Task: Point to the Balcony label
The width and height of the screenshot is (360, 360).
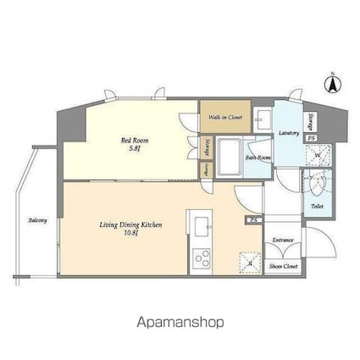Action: (x=37, y=221)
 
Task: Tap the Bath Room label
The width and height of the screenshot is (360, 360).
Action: (x=258, y=158)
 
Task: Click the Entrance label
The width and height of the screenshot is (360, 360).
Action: (x=283, y=241)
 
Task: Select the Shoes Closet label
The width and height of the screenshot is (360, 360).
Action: (x=283, y=267)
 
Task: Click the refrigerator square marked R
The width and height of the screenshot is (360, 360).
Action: (x=248, y=261)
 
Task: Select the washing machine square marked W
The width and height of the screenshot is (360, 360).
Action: (x=317, y=155)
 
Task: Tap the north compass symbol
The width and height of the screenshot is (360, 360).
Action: (x=333, y=84)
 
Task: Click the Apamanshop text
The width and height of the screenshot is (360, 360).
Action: (x=180, y=322)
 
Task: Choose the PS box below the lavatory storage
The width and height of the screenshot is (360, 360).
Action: (x=312, y=138)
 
